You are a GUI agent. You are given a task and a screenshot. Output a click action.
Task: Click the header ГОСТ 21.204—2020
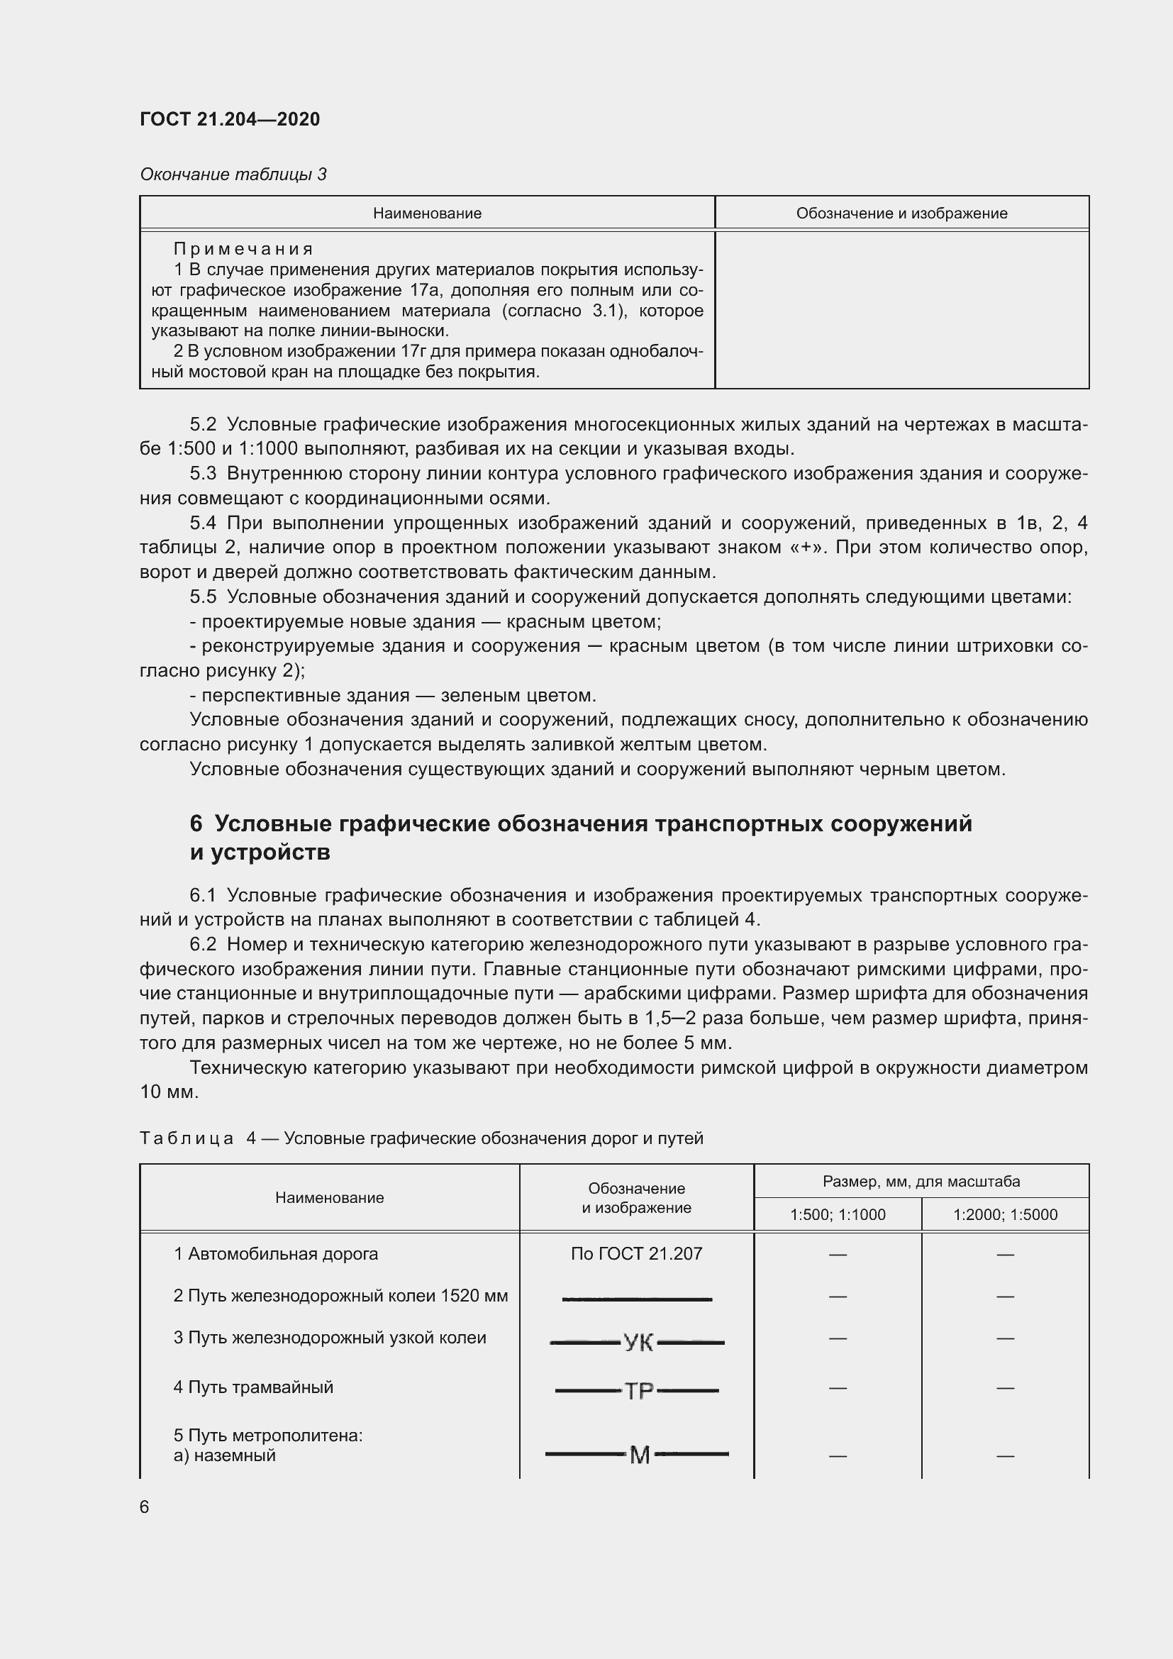pyautogui.click(x=230, y=119)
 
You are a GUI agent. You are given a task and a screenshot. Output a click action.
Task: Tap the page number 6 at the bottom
pyautogui.click(x=145, y=1507)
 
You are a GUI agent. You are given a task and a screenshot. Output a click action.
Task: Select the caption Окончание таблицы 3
pyautogui.click(x=233, y=174)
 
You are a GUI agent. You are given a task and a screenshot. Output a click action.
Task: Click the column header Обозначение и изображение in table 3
pyautogui.click(x=901, y=213)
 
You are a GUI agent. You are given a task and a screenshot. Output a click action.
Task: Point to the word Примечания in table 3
pyautogui.click(x=243, y=249)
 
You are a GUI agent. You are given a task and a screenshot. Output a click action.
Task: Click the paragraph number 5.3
pyautogui.click(x=203, y=473)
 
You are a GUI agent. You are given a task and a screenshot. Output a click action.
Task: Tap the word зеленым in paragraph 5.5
pyautogui.click(x=478, y=695)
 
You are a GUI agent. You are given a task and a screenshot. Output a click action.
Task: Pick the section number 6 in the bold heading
pyautogui.click(x=196, y=823)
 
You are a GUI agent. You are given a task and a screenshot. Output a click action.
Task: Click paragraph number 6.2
pyautogui.click(x=203, y=944)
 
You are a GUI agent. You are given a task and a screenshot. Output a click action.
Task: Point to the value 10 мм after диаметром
pyautogui.click(x=168, y=1092)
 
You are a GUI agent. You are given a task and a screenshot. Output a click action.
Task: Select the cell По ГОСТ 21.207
pyautogui.click(x=636, y=1253)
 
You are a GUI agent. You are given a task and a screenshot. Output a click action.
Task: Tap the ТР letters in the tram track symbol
pyautogui.click(x=638, y=1391)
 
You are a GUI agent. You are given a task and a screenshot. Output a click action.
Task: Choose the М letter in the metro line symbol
pyautogui.click(x=640, y=1455)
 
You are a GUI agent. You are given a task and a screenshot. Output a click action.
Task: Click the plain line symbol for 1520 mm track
pyautogui.click(x=636, y=1299)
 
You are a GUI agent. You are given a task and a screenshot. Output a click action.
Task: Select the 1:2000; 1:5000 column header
pyautogui.click(x=1005, y=1214)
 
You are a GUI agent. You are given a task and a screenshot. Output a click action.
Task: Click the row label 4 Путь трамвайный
pyautogui.click(x=252, y=1387)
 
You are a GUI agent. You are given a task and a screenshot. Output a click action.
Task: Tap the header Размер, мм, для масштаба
pyautogui.click(x=921, y=1182)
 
